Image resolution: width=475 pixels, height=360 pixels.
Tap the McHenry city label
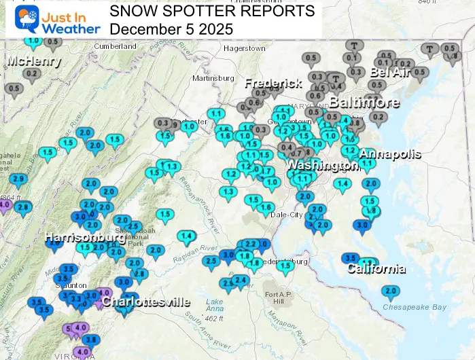point(34,61)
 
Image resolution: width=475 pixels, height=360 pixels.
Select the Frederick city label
point(273,83)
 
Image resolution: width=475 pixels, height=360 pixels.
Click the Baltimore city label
point(364,103)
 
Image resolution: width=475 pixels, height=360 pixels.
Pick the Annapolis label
point(390,154)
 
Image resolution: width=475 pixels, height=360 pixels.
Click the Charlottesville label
point(145,302)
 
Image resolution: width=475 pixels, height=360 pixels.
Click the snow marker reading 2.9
point(18,179)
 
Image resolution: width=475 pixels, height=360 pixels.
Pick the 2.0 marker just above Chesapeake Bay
point(390,291)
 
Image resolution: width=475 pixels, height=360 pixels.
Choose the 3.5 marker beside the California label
point(351,259)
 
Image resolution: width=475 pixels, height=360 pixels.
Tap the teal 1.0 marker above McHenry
point(32,41)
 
